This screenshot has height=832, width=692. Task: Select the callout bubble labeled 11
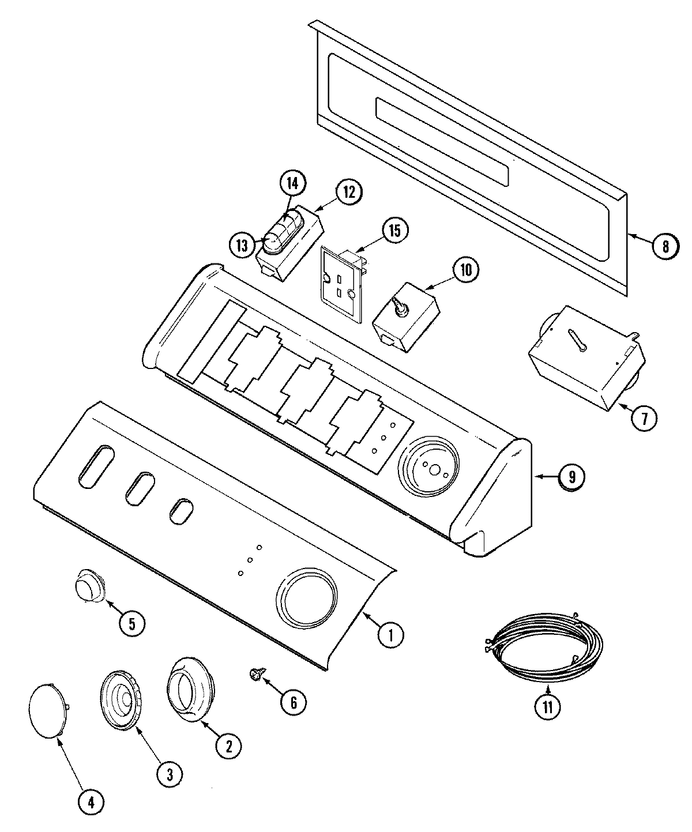click(x=547, y=708)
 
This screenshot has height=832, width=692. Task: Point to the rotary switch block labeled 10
click(x=406, y=315)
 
